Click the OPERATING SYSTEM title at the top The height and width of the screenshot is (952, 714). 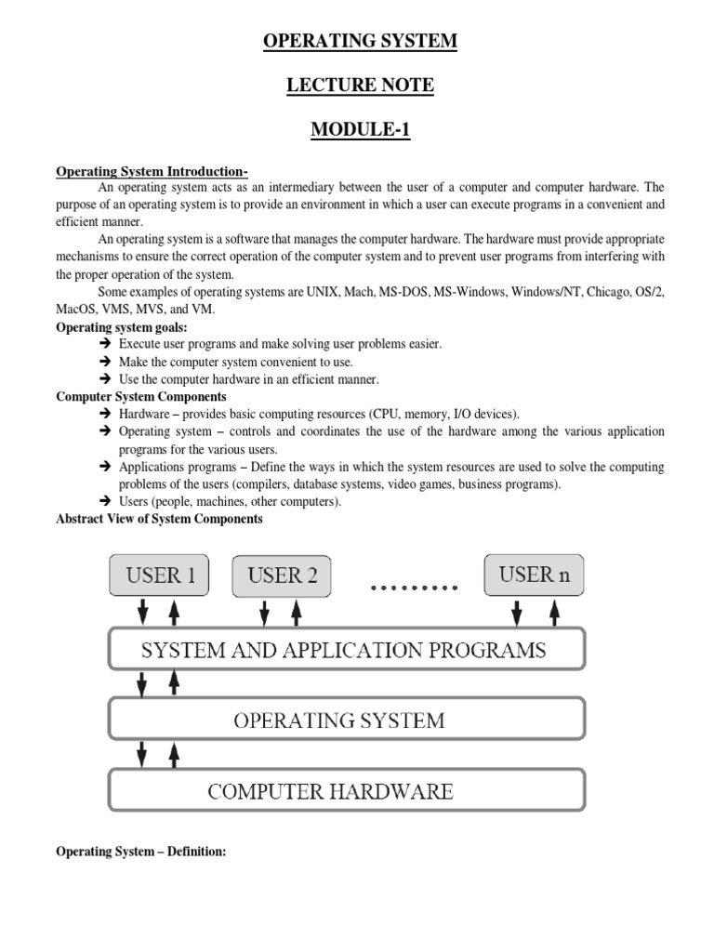pos(360,40)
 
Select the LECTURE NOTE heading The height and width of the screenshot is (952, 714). pos(360,86)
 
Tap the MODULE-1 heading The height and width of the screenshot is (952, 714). pos(360,130)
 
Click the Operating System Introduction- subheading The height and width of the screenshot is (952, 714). pos(152,171)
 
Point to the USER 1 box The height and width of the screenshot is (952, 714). pos(159,575)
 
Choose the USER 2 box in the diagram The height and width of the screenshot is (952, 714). pos(283,575)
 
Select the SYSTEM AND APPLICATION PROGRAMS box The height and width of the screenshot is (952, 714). pos(347,649)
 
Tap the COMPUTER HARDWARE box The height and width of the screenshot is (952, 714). pos(347,791)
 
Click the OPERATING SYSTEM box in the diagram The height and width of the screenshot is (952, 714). pos(347,720)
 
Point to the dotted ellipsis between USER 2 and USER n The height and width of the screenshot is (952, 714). pos(415,588)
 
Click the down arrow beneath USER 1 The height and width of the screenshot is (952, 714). pos(142,613)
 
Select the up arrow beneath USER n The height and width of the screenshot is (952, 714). pos(554,613)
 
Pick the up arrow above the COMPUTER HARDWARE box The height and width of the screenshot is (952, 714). pos(173,754)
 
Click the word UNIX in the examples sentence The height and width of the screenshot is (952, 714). pos(323,292)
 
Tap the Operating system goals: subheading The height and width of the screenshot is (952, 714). pos(122,327)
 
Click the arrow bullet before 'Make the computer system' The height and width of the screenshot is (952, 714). pos(104,362)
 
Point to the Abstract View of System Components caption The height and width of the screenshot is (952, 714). pos(159,519)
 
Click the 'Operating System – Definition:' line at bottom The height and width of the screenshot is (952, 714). pos(141,851)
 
